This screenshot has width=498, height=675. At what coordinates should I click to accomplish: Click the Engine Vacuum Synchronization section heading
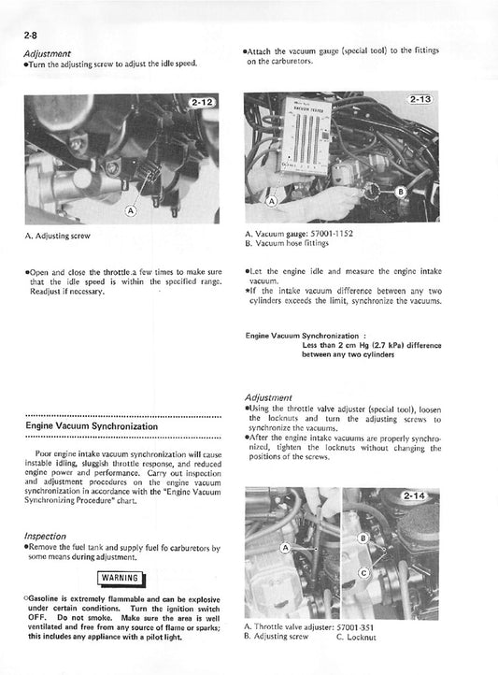[x=91, y=426]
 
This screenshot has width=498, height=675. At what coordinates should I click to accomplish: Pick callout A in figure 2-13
[x=271, y=201]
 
